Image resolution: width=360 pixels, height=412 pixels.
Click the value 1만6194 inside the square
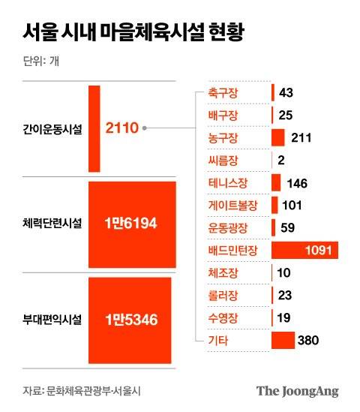coord(133,224)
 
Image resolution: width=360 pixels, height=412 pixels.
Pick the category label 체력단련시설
coord(52,224)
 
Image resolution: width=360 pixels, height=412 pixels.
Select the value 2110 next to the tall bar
coord(121,128)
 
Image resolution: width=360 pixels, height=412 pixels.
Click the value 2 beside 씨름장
coord(280,161)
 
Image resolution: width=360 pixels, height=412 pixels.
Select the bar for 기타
coord(283,341)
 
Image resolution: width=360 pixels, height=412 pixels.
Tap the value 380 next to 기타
coord(308,341)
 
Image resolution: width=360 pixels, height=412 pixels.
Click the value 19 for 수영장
coord(283,318)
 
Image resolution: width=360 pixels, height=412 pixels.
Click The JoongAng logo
coord(297,391)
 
